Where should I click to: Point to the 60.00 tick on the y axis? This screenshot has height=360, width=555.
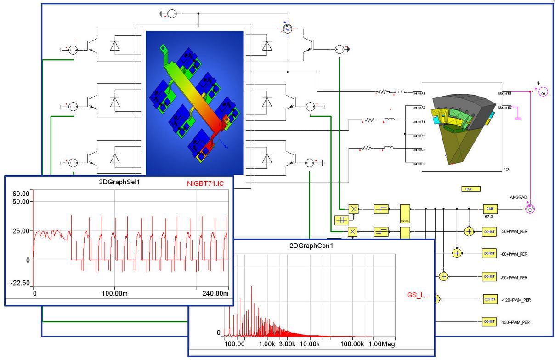pos(21,193)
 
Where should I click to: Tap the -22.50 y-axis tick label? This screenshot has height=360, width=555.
pos(20,283)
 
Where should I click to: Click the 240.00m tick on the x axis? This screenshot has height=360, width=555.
pos(215,293)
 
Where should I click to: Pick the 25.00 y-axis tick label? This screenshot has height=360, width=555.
pos(21,231)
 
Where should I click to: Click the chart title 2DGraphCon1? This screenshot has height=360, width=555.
pos(311,245)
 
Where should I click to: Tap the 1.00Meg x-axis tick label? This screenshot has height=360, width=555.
pos(382,344)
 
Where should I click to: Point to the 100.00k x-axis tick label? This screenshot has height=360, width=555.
pos(352,344)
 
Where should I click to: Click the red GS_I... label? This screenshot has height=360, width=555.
pos(418,295)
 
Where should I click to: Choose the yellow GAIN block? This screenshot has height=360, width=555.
pos(489,208)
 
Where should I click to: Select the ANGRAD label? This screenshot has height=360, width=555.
pos(519,197)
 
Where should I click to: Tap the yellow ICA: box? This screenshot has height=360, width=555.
pos(470,189)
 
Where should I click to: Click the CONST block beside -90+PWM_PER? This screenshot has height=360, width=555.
pos(489,277)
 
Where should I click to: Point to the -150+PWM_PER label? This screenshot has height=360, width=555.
pos(515,322)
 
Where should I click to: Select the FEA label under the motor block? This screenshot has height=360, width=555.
pos(506,169)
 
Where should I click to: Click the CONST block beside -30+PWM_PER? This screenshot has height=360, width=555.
pos(489,231)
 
